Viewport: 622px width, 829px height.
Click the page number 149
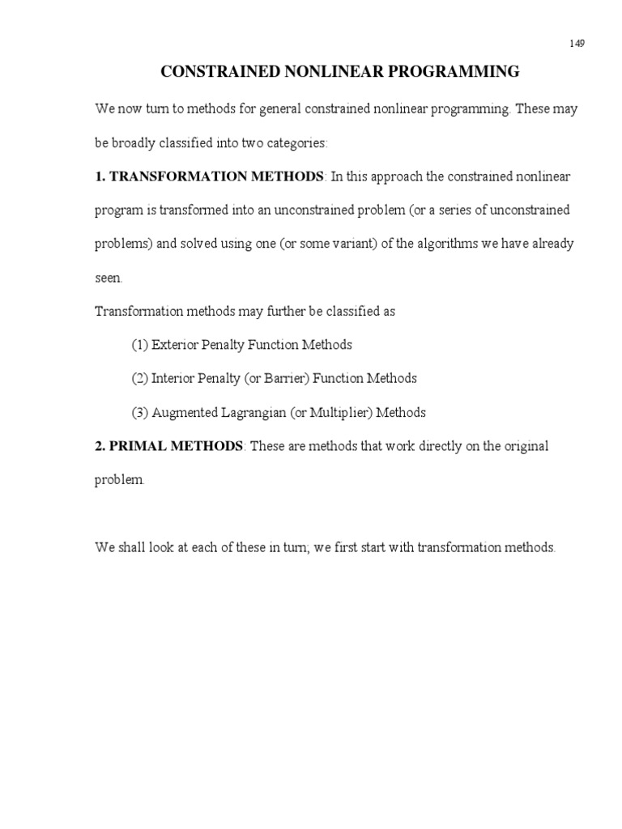click(576, 44)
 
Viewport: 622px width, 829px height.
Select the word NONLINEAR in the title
click(322, 73)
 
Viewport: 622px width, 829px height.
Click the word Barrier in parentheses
click(286, 379)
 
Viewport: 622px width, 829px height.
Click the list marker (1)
click(140, 345)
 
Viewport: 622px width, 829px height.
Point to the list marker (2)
click(140, 379)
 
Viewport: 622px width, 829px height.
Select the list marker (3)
click(140, 413)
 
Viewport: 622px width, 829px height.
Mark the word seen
click(109, 278)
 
